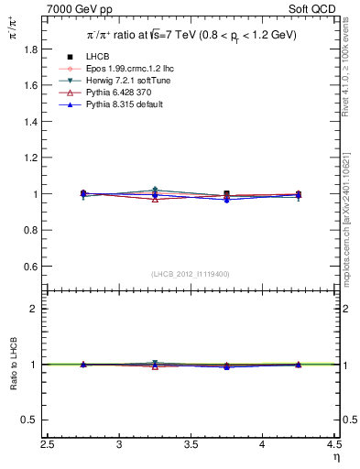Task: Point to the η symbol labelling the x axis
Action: (x=336, y=455)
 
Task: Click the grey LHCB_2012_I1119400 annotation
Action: (x=191, y=274)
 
